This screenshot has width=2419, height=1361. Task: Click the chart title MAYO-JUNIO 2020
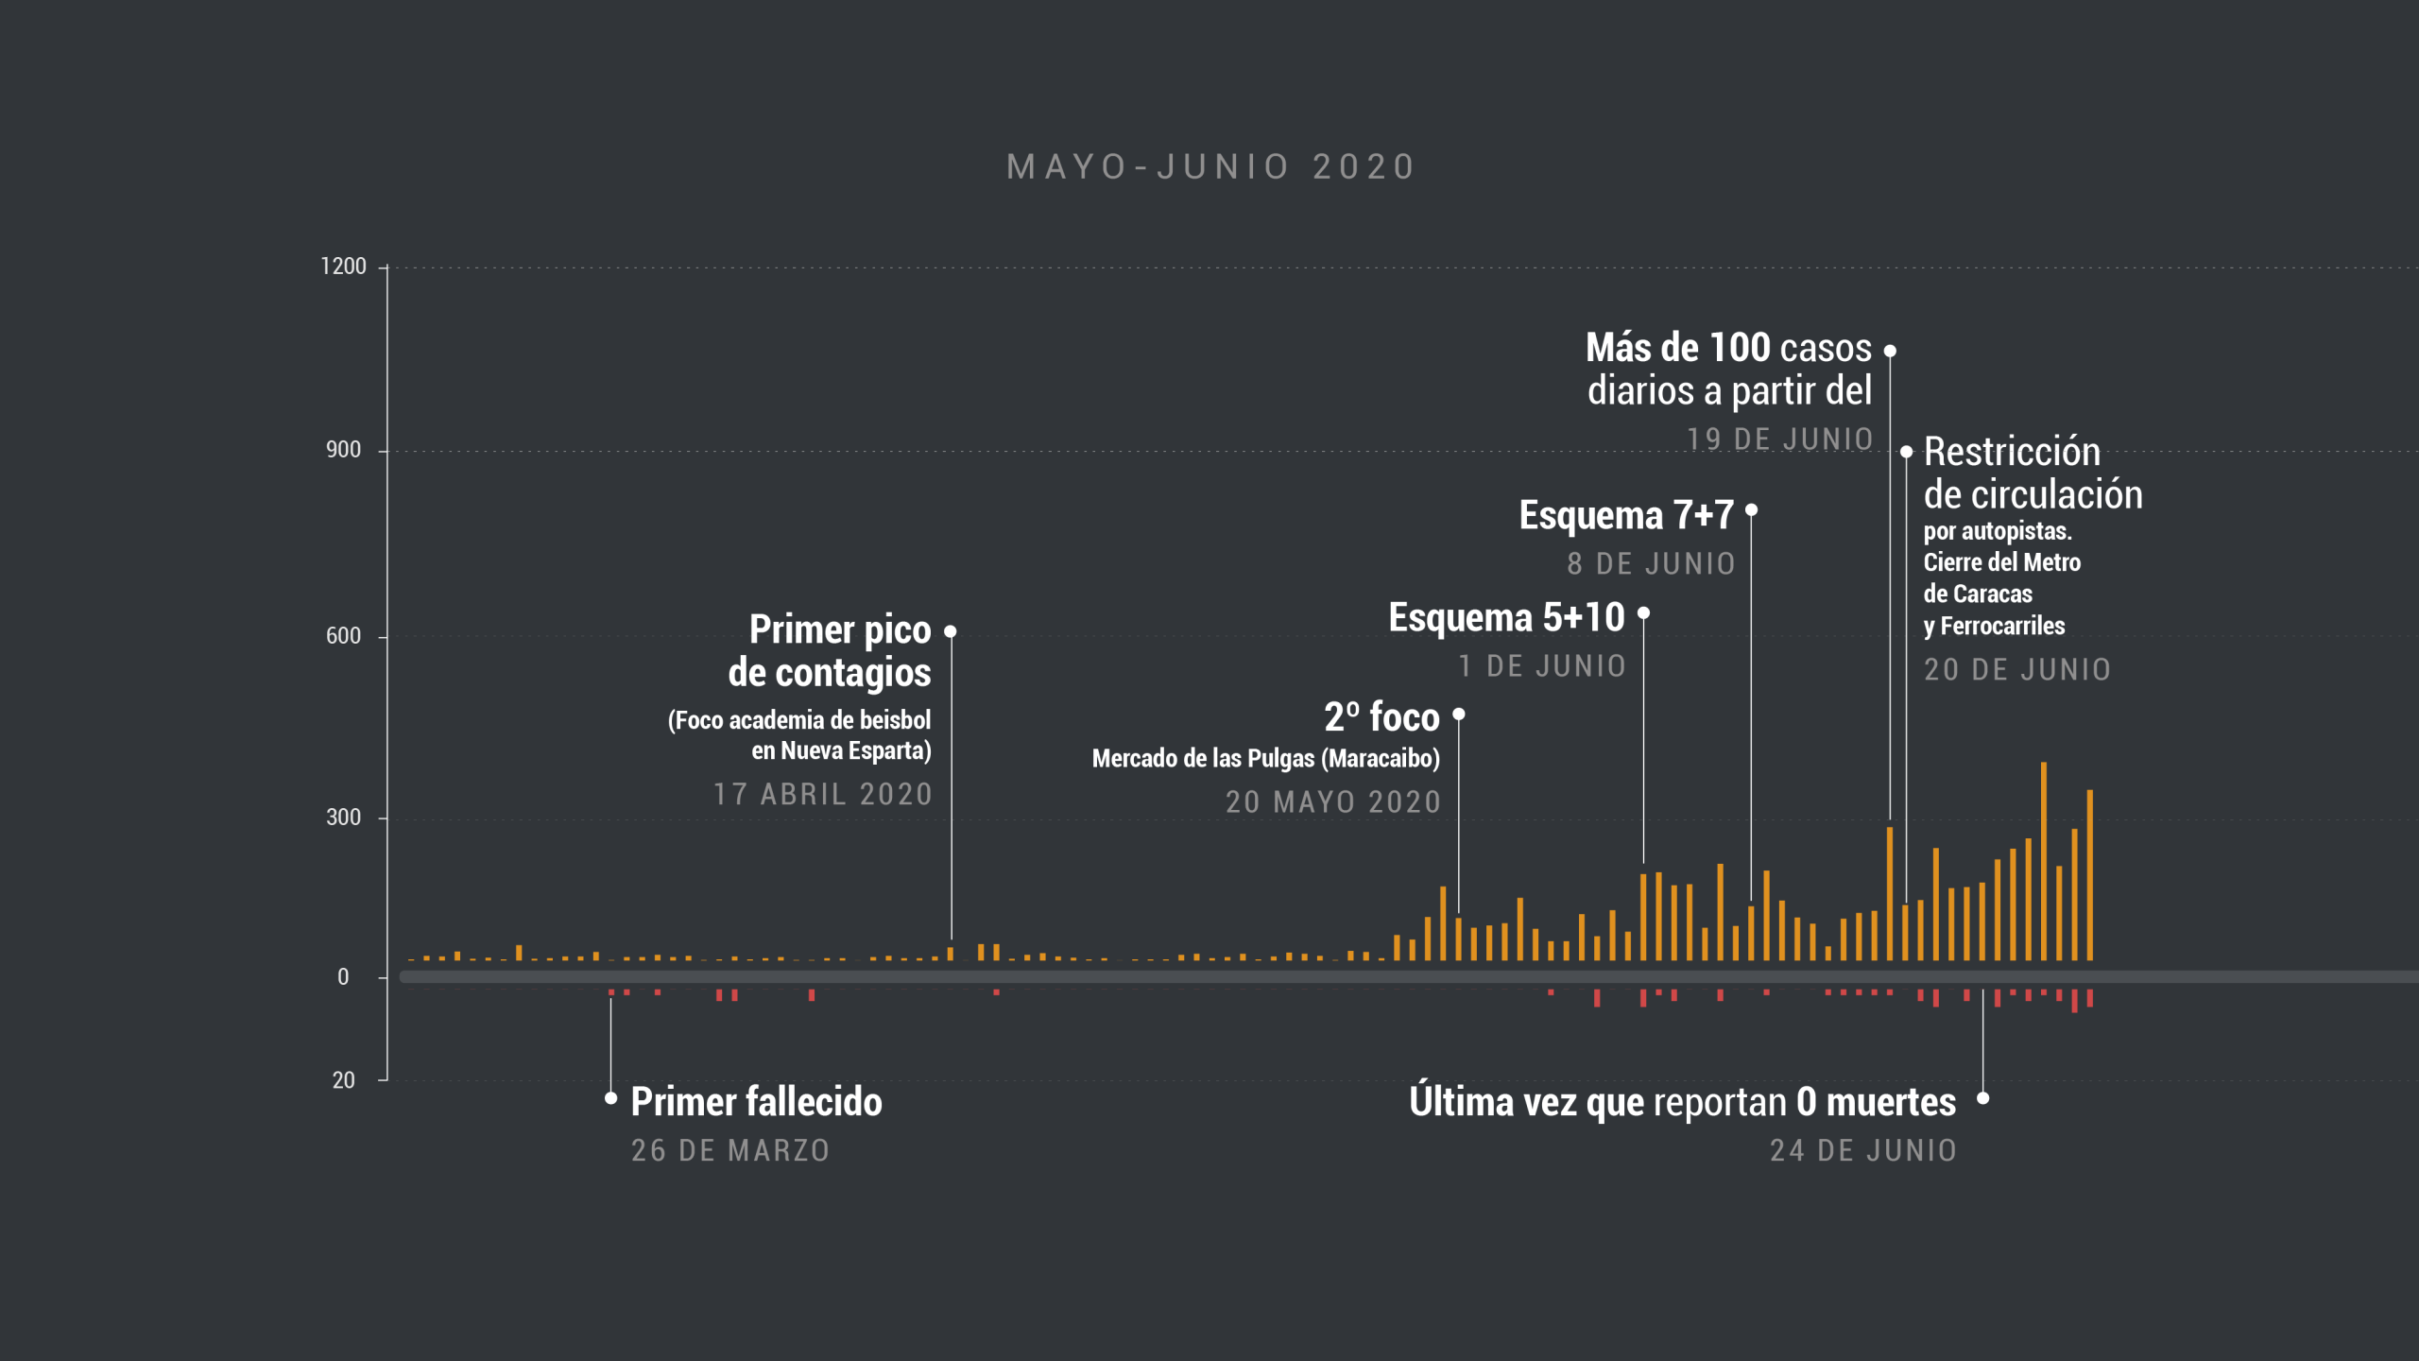(1210, 167)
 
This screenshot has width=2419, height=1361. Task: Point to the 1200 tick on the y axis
(343, 267)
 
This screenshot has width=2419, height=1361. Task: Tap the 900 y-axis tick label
(343, 450)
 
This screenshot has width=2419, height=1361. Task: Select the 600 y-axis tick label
(343, 636)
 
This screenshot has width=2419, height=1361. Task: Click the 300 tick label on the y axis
(343, 818)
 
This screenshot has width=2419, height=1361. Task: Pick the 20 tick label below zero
(343, 1080)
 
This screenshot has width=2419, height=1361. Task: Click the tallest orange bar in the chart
(2044, 860)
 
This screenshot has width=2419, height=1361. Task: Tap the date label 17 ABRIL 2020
(822, 794)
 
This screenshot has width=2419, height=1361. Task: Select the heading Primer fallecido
(756, 1102)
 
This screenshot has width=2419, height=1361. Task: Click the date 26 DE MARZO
(730, 1150)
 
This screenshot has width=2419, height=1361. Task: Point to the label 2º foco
(1381, 717)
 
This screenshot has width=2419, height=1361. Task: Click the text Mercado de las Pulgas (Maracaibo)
(1265, 759)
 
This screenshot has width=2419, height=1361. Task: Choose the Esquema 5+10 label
(1506, 618)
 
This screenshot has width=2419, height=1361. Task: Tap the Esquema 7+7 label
(1626, 516)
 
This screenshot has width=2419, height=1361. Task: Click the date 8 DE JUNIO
(1651, 564)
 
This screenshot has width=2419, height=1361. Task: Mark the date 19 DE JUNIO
(1779, 439)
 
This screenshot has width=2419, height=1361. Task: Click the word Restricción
(2012, 453)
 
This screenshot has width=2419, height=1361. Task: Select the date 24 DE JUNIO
(1862, 1150)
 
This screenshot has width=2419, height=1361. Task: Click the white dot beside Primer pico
(951, 631)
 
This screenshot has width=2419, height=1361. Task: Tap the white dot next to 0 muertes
(1983, 1098)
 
